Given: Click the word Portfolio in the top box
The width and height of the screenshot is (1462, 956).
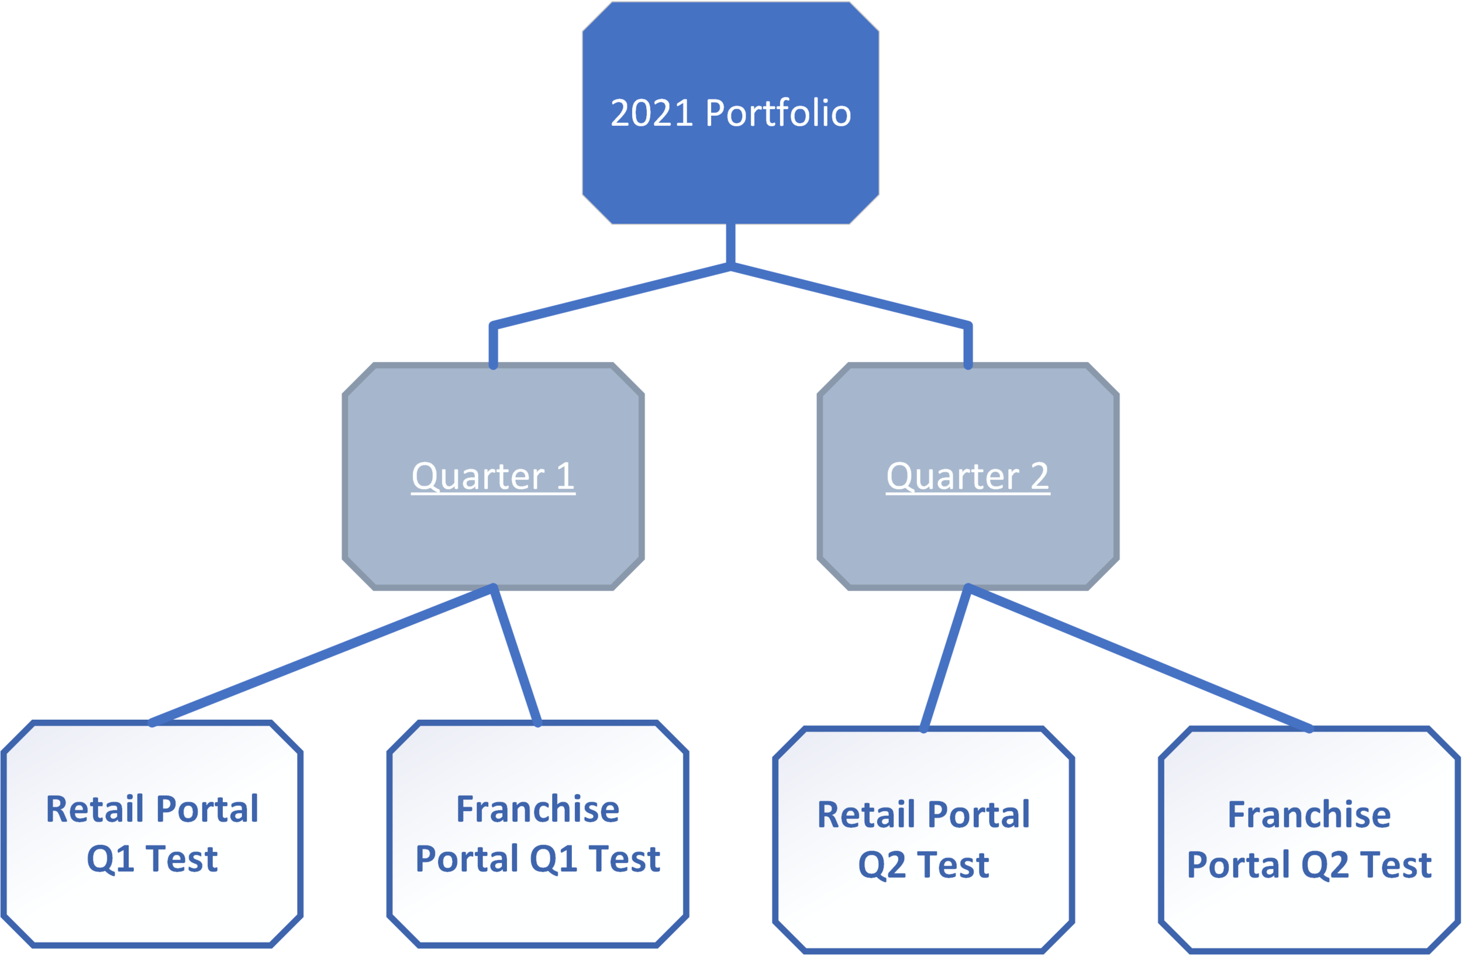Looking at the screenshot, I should pos(778,113).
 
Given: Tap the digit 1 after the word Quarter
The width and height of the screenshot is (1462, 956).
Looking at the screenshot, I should pos(564,477).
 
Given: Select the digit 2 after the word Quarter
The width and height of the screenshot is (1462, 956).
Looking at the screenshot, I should pos(1039,477).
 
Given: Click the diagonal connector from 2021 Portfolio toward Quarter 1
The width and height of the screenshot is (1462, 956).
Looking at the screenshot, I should pos(611,294).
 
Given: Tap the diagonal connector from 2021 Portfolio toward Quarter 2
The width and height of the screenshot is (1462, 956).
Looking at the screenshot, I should pos(850,294).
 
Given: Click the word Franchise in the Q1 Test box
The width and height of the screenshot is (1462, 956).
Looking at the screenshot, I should pos(537,809).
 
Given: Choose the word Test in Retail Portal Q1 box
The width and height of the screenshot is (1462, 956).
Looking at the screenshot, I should pos(182,858).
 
